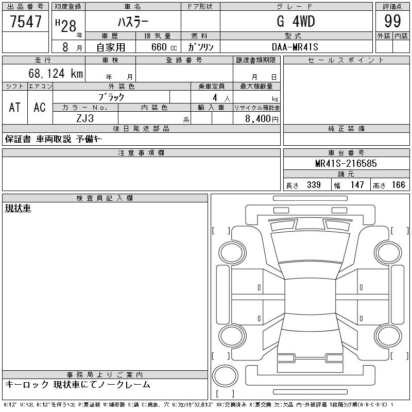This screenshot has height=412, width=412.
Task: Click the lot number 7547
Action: tap(26, 22)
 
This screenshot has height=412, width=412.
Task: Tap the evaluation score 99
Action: tap(392, 21)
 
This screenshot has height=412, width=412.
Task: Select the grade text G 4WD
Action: tap(296, 21)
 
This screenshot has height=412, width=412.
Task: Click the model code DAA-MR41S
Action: tap(295, 47)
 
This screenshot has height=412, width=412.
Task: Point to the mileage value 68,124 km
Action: tap(56, 73)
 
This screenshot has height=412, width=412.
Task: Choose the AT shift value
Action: tap(15, 107)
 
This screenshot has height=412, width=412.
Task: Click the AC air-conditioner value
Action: tap(40, 107)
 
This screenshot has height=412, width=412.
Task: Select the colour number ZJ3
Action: tap(85, 118)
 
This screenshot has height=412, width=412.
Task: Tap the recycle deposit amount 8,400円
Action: tap(262, 119)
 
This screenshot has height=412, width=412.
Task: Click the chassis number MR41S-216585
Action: tap(346, 163)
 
